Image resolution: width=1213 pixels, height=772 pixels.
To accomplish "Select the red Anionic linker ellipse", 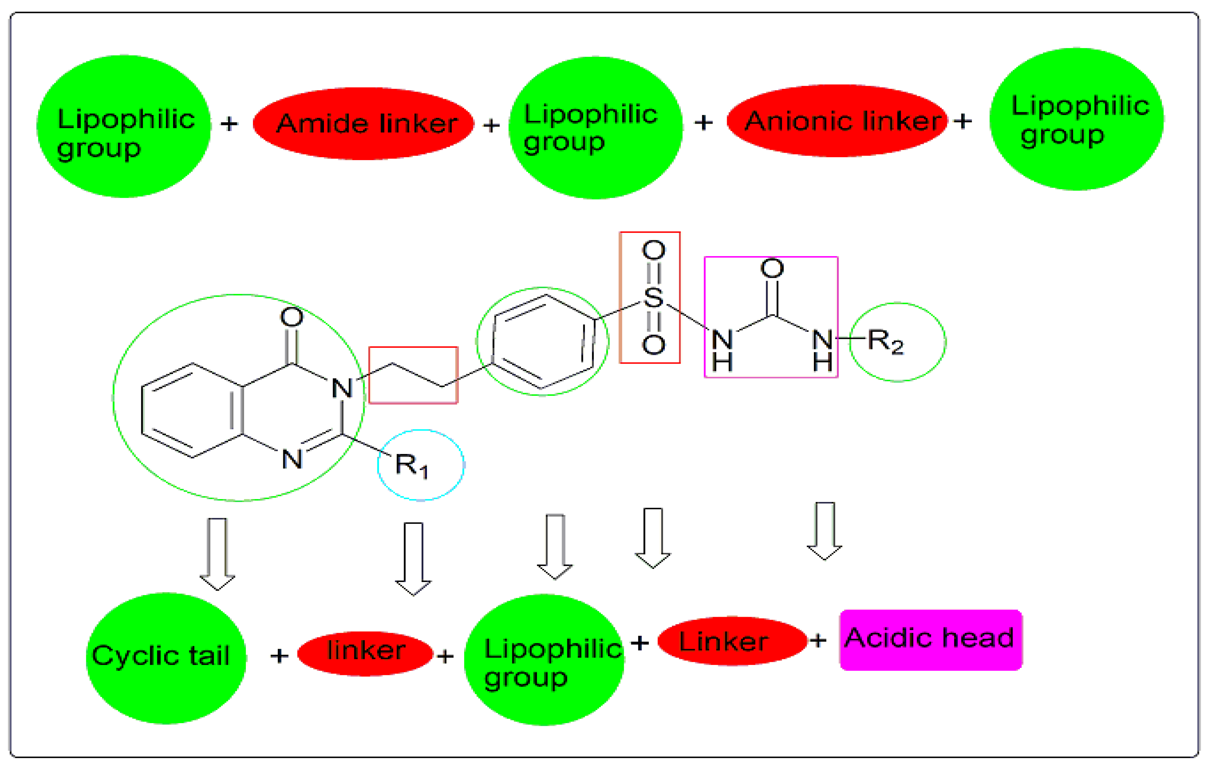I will point(837,121).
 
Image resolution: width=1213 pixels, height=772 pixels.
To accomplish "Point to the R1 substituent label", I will point(411,465).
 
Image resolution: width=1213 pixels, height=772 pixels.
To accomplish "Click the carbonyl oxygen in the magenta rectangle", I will point(772,268).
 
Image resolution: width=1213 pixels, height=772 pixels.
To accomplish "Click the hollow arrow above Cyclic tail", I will point(217,553).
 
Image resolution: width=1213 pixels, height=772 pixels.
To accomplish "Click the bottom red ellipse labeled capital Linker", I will point(732,641).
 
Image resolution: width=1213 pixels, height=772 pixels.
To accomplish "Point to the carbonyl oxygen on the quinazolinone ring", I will point(291,317).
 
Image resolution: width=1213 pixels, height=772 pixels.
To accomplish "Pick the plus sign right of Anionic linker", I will point(963,121).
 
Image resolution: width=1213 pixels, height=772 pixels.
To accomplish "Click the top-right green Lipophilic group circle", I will point(1077,119).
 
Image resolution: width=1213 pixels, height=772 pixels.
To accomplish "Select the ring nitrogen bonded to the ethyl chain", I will point(342,388).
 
